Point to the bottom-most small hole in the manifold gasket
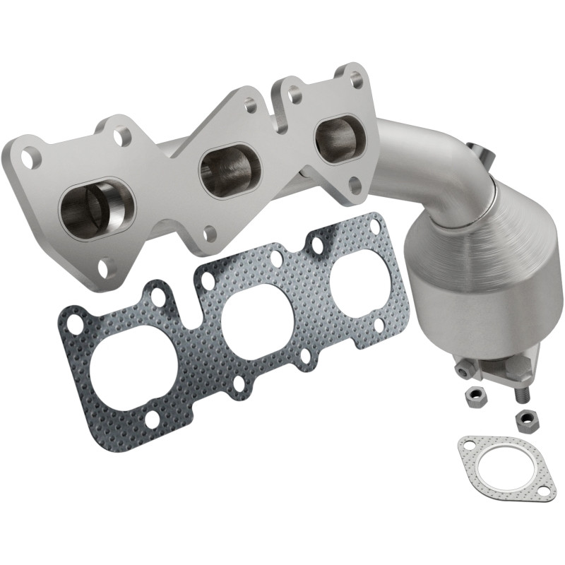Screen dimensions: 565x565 click(x=151, y=422)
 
